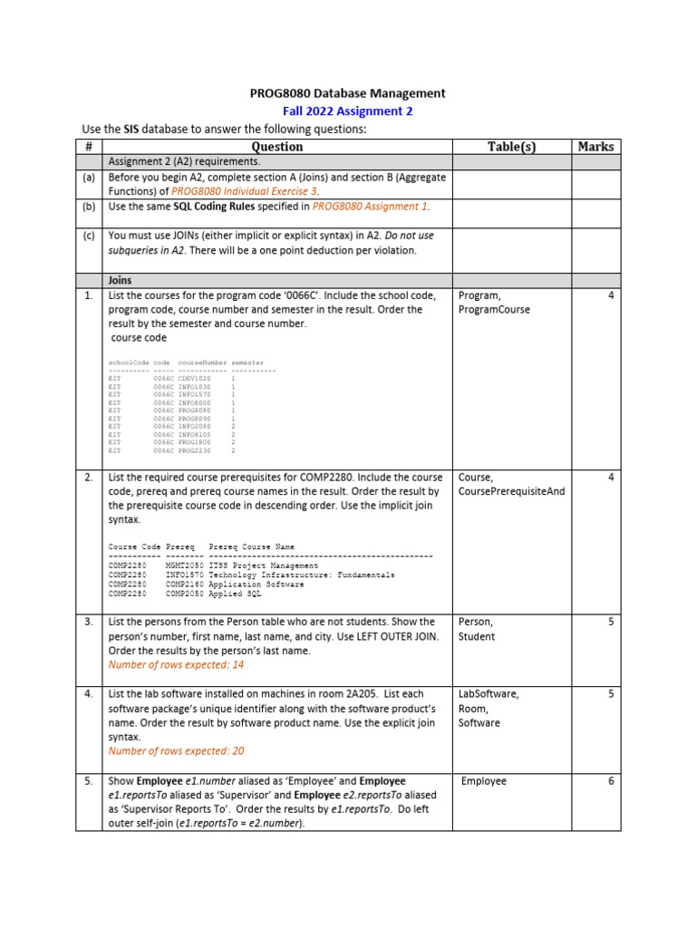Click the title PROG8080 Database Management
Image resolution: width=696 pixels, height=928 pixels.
[347, 92]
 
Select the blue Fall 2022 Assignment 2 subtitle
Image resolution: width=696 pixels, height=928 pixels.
[347, 111]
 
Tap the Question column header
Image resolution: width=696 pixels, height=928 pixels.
[276, 146]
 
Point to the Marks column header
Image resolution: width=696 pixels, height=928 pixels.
[595, 146]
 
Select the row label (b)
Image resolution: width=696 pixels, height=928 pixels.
[89, 206]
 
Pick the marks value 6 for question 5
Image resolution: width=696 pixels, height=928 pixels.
[611, 780]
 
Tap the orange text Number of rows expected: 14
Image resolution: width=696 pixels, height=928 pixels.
[176, 664]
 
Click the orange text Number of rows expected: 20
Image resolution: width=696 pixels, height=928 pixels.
[176, 750]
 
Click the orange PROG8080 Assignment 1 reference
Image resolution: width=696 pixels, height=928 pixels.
[370, 206]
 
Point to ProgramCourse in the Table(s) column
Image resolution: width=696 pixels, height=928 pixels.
[495, 310]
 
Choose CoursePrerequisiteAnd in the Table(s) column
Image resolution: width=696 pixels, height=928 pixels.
[512, 491]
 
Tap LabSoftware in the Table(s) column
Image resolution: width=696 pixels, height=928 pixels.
[488, 693]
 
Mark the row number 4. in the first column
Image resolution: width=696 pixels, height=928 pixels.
[89, 693]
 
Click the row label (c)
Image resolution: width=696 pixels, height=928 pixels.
[89, 236]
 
